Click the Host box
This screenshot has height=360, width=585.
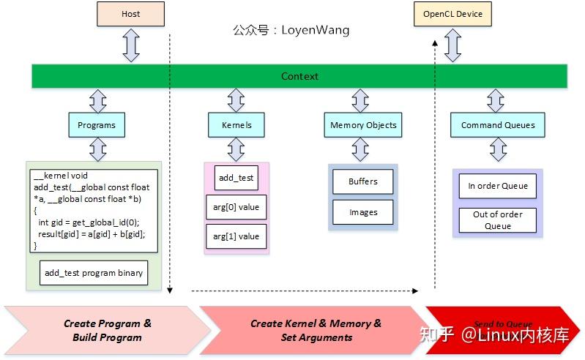point(130,14)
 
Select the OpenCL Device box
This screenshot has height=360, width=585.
point(452,14)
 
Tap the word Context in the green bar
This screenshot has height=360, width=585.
point(299,76)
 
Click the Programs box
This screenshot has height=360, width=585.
point(97,125)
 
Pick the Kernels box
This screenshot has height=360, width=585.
point(236,125)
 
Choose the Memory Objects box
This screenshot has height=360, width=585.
point(363,125)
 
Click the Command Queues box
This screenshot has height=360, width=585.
point(498,125)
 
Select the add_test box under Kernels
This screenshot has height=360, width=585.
point(236,178)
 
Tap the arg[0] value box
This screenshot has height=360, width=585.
point(236,207)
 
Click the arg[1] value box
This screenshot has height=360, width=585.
point(236,236)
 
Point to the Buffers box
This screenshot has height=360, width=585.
point(363,181)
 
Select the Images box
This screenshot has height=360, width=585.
point(363,212)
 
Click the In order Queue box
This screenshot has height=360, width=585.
point(498,186)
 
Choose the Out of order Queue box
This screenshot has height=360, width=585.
point(498,220)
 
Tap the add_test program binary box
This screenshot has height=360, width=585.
point(94,273)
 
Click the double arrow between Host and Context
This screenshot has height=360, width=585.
point(130,46)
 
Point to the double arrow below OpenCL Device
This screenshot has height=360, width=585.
point(452,46)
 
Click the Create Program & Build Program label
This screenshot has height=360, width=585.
point(108,330)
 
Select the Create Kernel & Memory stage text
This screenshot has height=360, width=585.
point(316,330)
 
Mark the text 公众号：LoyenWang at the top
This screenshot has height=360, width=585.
point(291,30)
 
